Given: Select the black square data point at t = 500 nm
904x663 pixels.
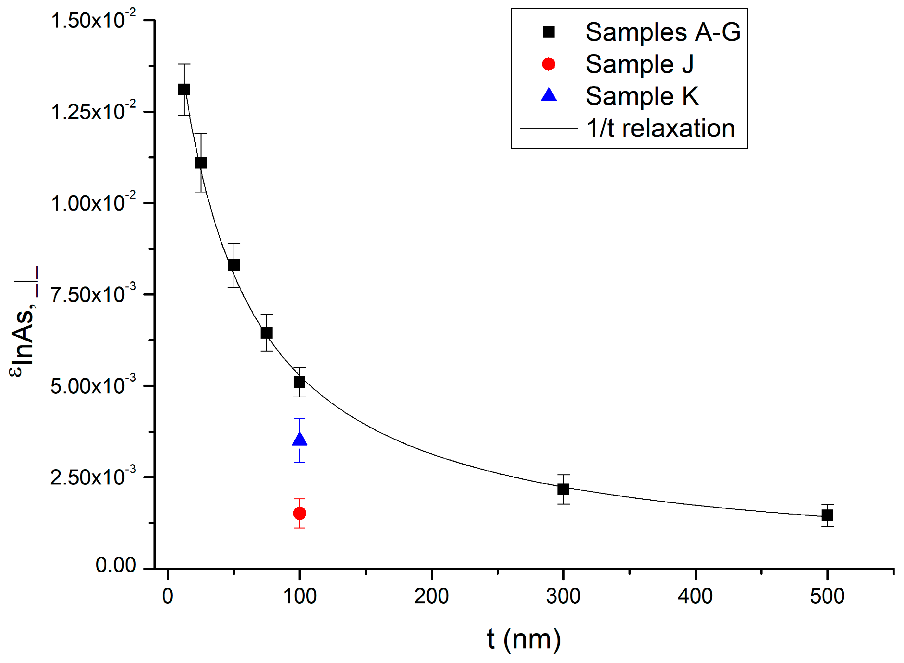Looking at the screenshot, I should (x=827, y=515).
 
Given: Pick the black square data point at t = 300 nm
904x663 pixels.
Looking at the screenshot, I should (x=563, y=489).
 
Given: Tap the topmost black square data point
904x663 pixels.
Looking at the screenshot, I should (x=184, y=89).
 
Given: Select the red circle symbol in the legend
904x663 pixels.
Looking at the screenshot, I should (x=548, y=64).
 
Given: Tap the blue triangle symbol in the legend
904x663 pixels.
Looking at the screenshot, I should (x=548, y=96).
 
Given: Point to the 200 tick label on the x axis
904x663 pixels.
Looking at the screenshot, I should (x=432, y=596).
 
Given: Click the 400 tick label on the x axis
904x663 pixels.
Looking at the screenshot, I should (x=695, y=596).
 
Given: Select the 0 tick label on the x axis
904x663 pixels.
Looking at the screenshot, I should (x=167, y=596).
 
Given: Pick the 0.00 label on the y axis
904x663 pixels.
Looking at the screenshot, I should (x=116, y=565).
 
